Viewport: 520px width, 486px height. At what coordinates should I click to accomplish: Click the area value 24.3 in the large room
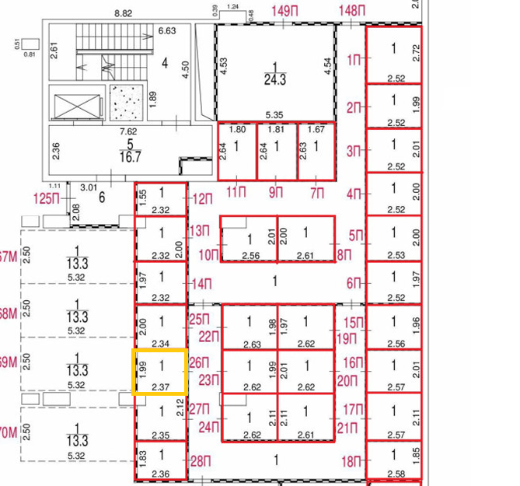click(275, 79)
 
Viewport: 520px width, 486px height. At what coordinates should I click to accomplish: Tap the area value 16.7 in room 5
click(130, 156)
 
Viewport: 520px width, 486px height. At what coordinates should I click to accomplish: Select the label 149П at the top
click(284, 12)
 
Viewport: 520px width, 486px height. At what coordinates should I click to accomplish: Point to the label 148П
click(352, 12)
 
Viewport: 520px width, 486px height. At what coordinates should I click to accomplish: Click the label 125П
click(47, 199)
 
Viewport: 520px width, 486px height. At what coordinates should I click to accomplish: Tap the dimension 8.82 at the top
click(123, 13)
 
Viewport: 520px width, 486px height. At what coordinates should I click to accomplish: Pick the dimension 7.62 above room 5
click(128, 131)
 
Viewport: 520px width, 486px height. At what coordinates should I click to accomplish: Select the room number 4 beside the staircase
click(165, 63)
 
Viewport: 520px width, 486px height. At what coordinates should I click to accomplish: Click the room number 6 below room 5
click(102, 198)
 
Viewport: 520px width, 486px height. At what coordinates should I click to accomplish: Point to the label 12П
click(203, 199)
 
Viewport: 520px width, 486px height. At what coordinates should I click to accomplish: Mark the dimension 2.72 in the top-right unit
click(417, 53)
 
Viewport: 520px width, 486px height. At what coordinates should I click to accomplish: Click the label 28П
click(201, 461)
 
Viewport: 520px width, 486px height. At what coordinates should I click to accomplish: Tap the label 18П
click(351, 461)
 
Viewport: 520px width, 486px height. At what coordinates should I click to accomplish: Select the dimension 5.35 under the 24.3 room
click(274, 115)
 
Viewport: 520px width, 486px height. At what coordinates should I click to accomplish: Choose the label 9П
click(276, 192)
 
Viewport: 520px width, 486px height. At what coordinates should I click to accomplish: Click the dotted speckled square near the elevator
click(126, 103)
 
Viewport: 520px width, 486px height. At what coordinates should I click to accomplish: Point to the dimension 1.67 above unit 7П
click(316, 129)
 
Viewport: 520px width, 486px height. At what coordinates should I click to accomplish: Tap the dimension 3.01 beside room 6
click(89, 187)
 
